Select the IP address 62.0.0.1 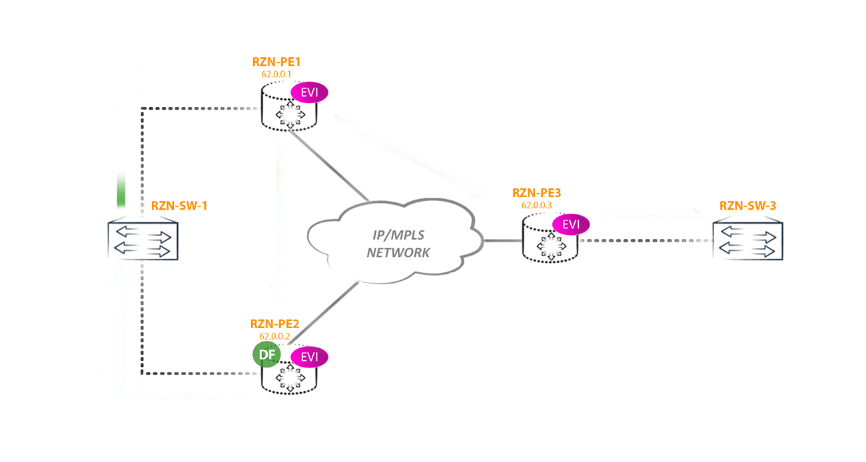pyautogui.click(x=276, y=74)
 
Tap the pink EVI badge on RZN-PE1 pyautogui.click(x=310, y=93)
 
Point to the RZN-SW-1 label pyautogui.click(x=179, y=206)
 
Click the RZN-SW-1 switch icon pyautogui.click(x=143, y=240)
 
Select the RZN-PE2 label pyautogui.click(x=274, y=324)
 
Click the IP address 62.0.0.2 pyautogui.click(x=274, y=336)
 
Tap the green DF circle pyautogui.click(x=266, y=355)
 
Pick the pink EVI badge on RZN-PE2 pyautogui.click(x=310, y=357)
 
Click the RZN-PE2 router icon pyautogui.click(x=289, y=378)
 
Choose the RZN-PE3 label pyautogui.click(x=536, y=193)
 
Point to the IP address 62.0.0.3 pyautogui.click(x=536, y=205)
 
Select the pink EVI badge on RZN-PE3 pyautogui.click(x=571, y=224)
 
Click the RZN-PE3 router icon pyautogui.click(x=550, y=246)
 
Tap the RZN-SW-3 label pyautogui.click(x=747, y=206)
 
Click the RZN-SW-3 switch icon pyautogui.click(x=747, y=240)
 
